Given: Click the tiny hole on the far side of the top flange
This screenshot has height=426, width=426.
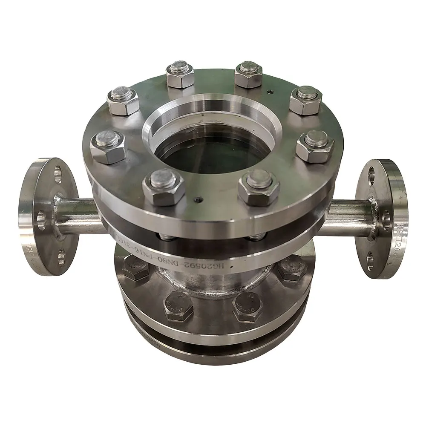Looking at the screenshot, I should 269,91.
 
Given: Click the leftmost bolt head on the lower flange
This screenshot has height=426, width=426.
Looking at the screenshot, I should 136,269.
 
